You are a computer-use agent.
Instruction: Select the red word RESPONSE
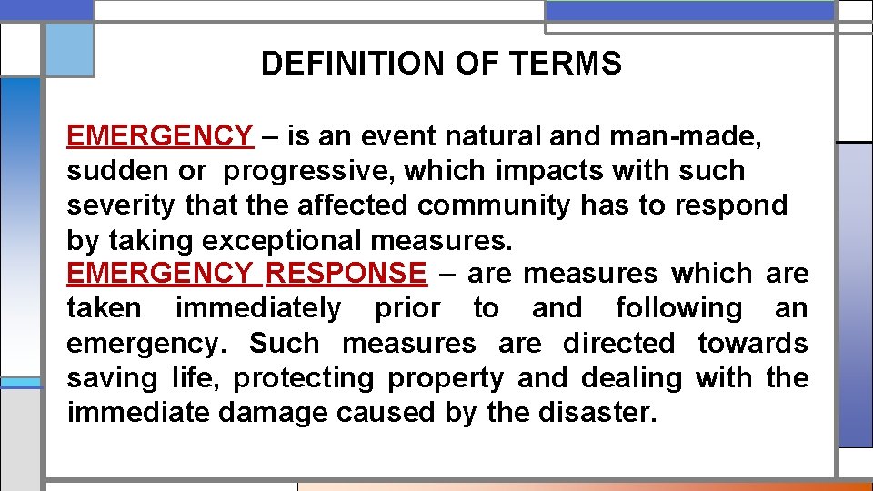(346, 274)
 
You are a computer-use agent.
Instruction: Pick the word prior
(407, 309)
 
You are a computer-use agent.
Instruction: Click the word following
(678, 309)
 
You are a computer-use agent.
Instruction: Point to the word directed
(618, 344)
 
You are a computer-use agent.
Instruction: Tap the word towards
(753, 344)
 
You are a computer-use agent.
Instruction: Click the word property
(446, 378)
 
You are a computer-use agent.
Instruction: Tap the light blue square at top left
(69, 49)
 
